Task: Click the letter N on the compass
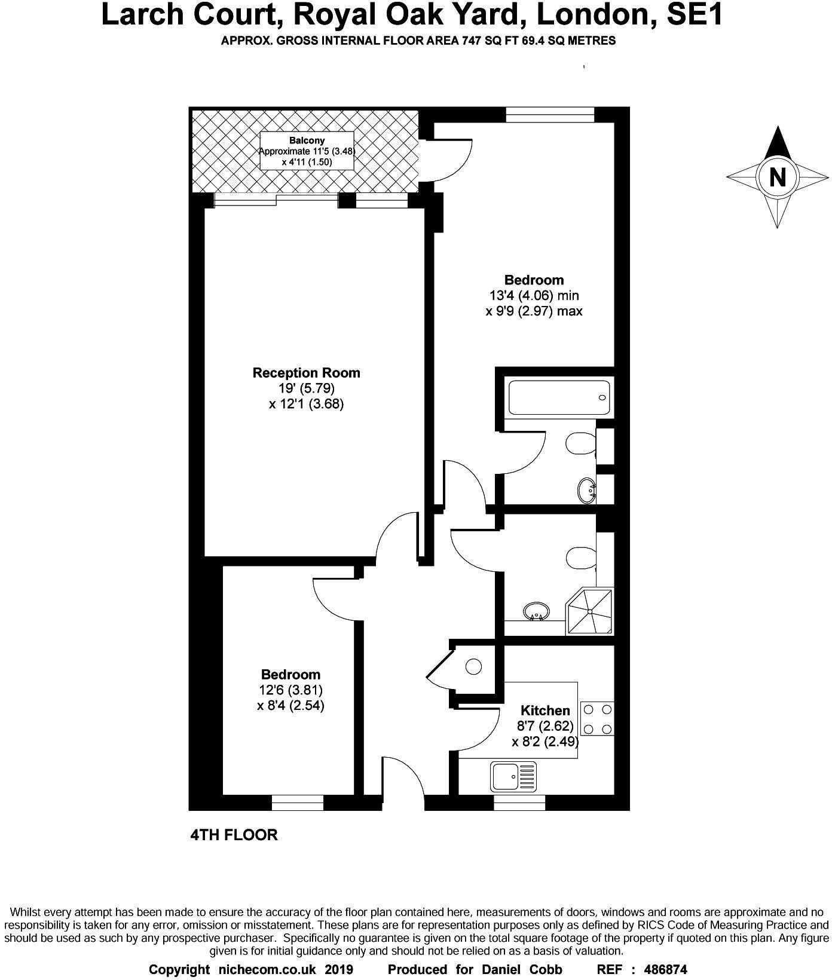(778, 177)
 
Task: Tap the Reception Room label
(306, 373)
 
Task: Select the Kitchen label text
(545, 710)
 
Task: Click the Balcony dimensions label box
(307, 151)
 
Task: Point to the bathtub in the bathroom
(559, 397)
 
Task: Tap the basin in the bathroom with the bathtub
(588, 491)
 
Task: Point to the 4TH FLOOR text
(234, 835)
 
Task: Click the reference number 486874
(663, 969)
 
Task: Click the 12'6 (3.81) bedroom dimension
(290, 690)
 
